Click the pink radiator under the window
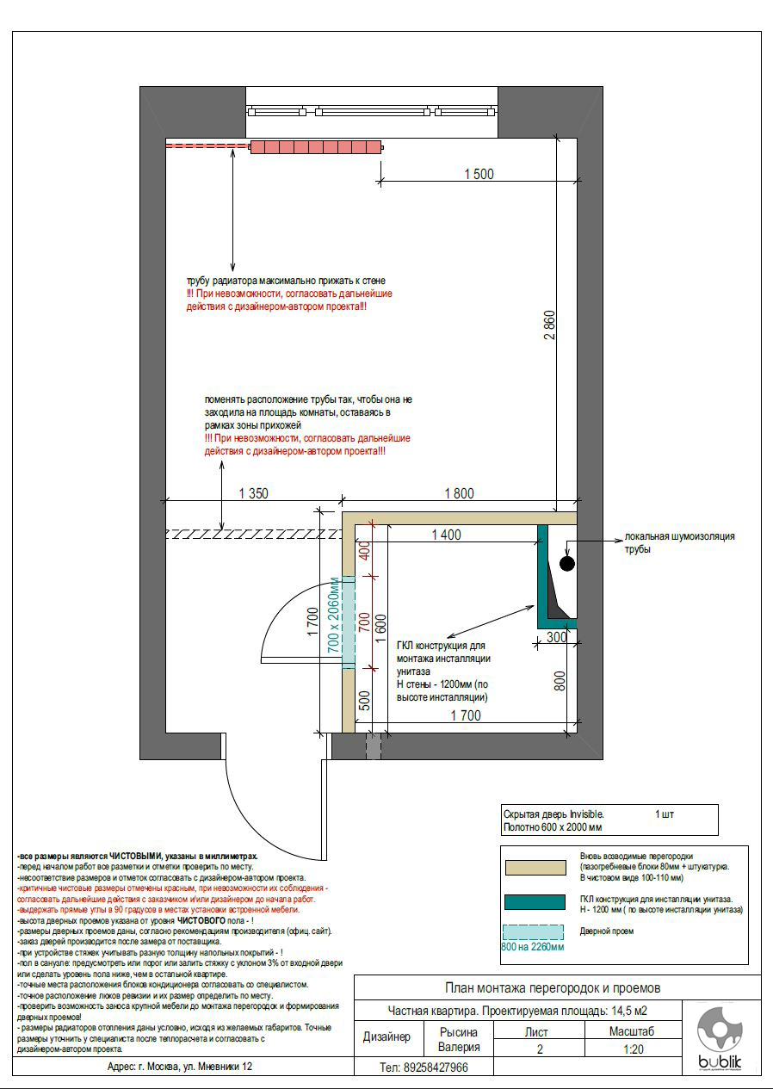click(315, 147)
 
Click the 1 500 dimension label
click(479, 174)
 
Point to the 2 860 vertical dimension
click(550, 325)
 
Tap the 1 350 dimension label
click(254, 493)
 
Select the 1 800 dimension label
click(459, 493)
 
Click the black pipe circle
click(566, 564)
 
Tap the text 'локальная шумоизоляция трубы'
click(680, 542)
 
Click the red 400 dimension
click(364, 551)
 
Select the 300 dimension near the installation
click(556, 638)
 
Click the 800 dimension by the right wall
click(560, 681)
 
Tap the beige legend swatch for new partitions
click(534, 867)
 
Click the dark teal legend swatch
click(534, 902)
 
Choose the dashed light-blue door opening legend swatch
click(534, 931)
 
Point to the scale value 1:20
click(632, 1049)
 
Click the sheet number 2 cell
click(540, 1049)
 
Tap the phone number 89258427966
click(424, 1067)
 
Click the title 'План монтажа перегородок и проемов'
click(552, 987)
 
